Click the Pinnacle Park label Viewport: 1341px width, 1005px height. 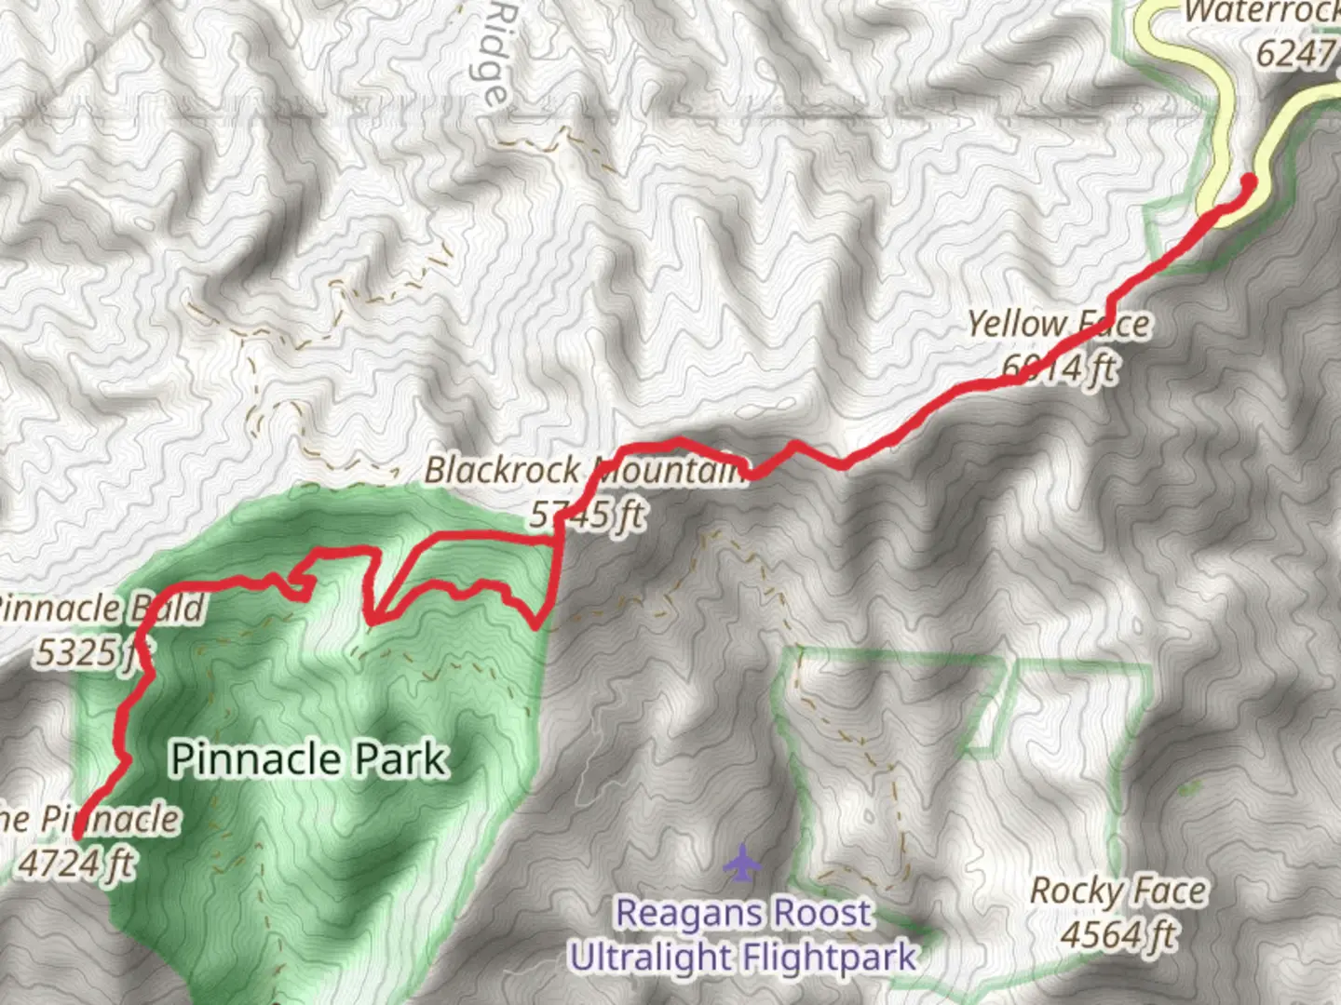308,759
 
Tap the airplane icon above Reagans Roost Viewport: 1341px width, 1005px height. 742,863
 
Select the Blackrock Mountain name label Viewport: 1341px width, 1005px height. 585,471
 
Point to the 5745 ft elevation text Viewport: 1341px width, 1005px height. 588,514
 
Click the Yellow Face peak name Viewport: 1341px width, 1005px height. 1058,325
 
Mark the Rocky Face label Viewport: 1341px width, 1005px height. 1117,891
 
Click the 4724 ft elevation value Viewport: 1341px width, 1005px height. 76,864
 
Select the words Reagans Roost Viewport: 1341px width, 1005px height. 743,914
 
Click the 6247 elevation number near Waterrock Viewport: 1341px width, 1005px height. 1295,54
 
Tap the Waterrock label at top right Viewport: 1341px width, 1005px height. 1262,13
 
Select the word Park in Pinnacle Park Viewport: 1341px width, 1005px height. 406,759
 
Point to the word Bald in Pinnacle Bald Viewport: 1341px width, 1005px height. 168,609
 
